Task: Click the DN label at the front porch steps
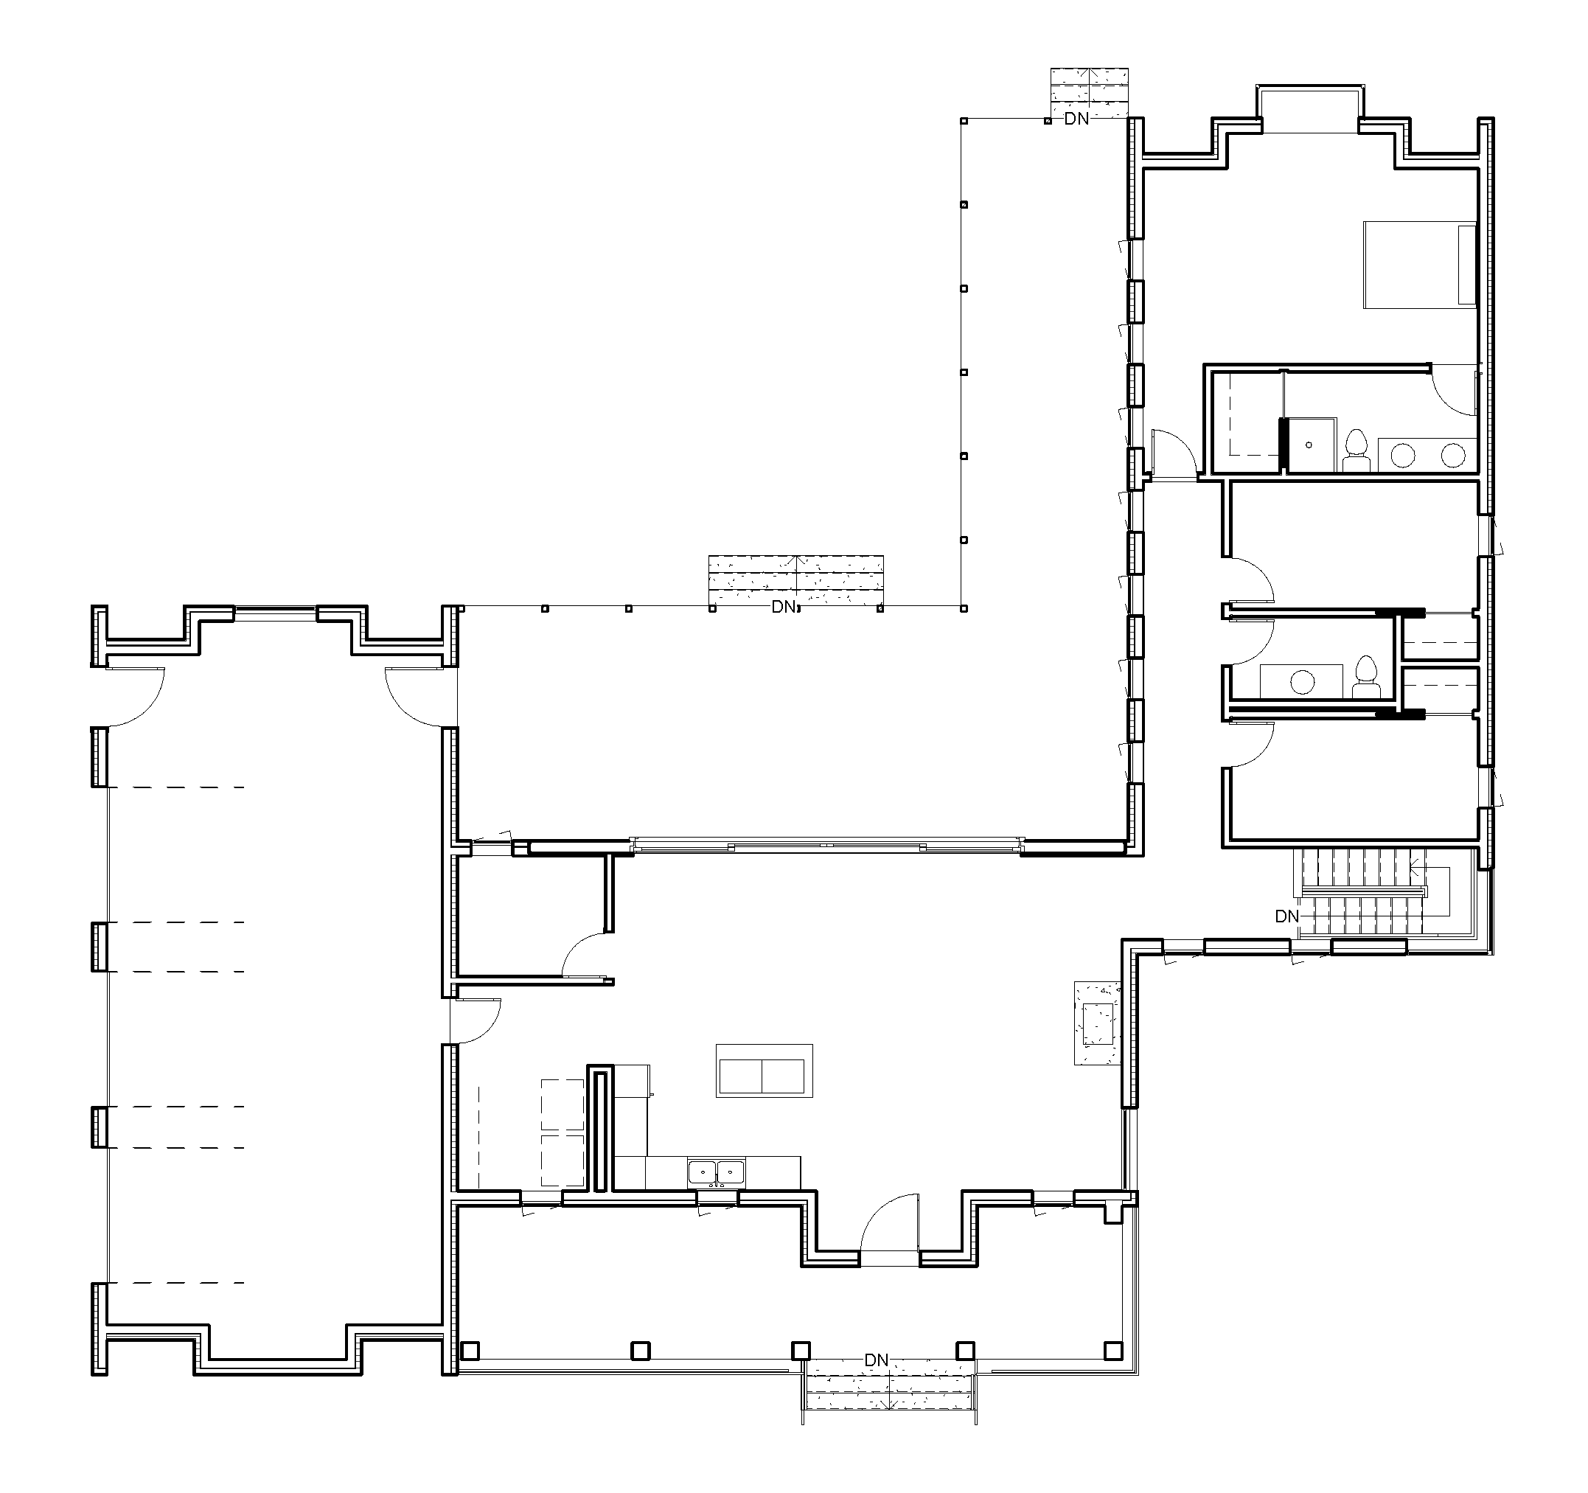(877, 1360)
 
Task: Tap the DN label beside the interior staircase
(1287, 916)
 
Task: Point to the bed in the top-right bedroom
(1419, 265)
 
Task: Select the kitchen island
(765, 1071)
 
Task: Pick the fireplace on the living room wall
(1098, 1023)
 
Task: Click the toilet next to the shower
(1357, 450)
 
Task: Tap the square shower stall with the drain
(1309, 444)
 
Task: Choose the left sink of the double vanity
(1404, 456)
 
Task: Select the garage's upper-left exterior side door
(136, 697)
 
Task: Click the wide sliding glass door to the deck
(826, 844)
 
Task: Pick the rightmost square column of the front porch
(1112, 1350)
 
